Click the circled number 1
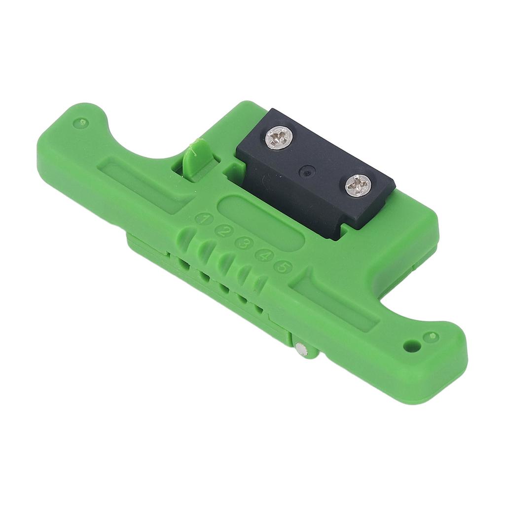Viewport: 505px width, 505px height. click(x=203, y=219)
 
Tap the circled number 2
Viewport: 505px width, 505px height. click(x=224, y=231)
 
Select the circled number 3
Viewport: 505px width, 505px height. click(x=244, y=243)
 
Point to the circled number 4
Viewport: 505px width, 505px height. click(x=264, y=255)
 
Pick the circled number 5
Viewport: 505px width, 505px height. click(x=283, y=267)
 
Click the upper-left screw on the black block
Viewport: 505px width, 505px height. click(x=279, y=138)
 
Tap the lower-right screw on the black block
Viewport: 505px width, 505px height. click(x=358, y=185)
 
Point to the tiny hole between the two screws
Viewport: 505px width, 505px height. click(x=308, y=172)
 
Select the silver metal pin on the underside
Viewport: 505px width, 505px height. click(x=302, y=351)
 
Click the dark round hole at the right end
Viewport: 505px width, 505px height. click(x=412, y=346)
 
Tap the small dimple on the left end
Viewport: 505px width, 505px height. click(x=81, y=122)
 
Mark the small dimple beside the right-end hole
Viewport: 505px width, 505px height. click(x=431, y=337)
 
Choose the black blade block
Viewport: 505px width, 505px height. click(x=316, y=170)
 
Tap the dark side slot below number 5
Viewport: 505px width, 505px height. click(x=258, y=309)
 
